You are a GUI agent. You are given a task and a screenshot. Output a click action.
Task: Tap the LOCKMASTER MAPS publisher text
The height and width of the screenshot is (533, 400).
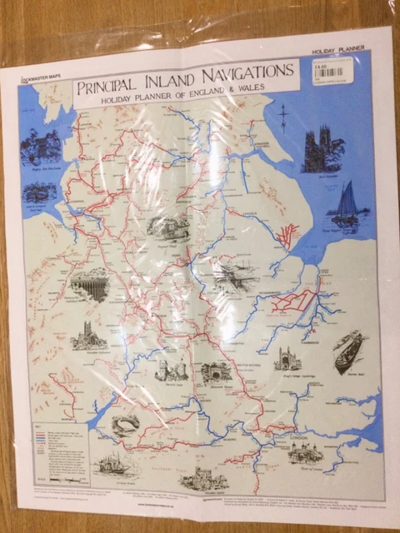click(39, 76)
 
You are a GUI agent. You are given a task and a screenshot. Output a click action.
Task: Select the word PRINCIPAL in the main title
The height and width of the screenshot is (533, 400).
click(112, 86)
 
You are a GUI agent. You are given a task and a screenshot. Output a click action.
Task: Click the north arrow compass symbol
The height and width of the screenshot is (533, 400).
click(283, 116)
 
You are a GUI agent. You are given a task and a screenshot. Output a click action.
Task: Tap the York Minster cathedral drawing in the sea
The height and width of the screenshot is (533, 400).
click(322, 151)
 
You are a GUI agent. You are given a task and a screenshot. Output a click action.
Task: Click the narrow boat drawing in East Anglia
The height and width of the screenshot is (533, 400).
click(348, 350)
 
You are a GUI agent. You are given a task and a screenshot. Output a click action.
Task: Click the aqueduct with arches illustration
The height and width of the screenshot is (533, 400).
click(90, 286)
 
